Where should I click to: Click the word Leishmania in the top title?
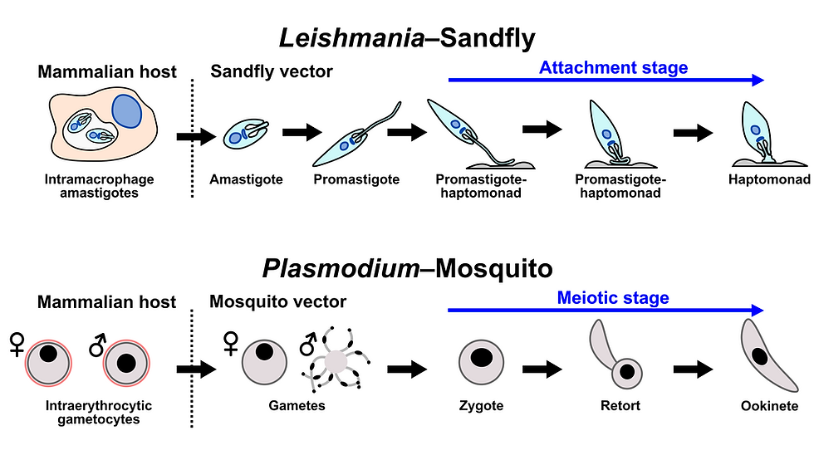click(x=352, y=38)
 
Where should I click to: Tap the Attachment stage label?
click(x=613, y=67)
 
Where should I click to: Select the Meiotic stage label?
click(x=613, y=298)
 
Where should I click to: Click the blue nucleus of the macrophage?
click(x=126, y=111)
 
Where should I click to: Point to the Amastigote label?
click(x=246, y=179)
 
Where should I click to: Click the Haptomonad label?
click(x=769, y=179)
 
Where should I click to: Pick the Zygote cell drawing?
click(x=481, y=362)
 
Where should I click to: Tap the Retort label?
click(x=620, y=405)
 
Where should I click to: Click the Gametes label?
click(x=297, y=405)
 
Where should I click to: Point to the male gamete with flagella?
click(x=336, y=360)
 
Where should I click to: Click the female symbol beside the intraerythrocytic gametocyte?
click(x=17, y=345)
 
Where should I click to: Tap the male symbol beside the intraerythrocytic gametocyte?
click(x=98, y=345)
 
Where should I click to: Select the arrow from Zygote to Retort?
click(x=542, y=369)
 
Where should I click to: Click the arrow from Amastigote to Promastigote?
click(x=302, y=132)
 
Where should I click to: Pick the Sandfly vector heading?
click(x=272, y=71)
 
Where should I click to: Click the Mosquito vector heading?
click(x=277, y=301)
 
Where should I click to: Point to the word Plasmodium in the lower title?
click(x=341, y=269)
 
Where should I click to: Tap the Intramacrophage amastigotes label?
click(x=99, y=186)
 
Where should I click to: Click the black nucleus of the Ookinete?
click(x=759, y=357)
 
